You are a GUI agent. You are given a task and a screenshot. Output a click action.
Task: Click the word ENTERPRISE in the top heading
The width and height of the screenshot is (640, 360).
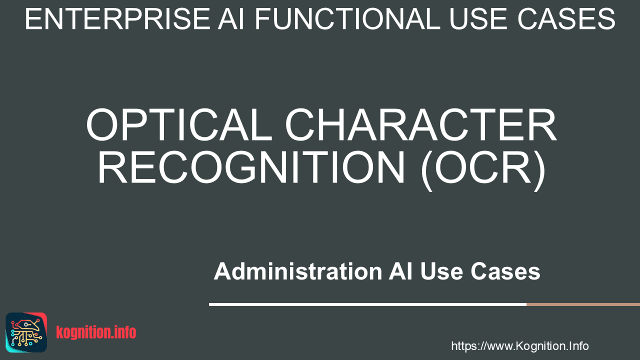click(117, 19)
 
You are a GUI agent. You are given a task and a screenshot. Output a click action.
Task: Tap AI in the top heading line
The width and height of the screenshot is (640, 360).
click(231, 19)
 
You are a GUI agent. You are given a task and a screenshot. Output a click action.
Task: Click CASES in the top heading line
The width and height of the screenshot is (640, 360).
click(566, 19)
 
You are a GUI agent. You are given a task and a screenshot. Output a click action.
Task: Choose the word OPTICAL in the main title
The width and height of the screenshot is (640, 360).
click(179, 125)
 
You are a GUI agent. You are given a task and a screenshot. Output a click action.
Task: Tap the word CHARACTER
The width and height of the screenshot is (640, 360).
click(420, 125)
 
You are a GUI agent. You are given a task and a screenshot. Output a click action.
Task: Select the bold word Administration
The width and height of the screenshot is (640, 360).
click(297, 271)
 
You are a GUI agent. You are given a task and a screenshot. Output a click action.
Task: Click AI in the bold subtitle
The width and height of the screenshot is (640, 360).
click(400, 271)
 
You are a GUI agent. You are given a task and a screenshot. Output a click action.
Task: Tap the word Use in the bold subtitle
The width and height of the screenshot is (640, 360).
click(441, 271)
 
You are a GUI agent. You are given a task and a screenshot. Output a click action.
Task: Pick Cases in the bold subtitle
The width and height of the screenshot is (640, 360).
click(505, 271)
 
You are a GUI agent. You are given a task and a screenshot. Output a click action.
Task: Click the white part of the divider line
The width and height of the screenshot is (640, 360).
click(367, 304)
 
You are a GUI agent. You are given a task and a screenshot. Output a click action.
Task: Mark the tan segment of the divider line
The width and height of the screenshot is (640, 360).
click(583, 304)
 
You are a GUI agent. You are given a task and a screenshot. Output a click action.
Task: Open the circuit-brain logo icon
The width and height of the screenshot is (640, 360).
click(26, 332)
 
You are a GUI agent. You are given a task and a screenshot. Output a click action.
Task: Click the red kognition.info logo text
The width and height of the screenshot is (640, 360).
click(96, 332)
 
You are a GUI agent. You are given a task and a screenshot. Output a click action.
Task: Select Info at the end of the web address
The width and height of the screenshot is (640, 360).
click(578, 346)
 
